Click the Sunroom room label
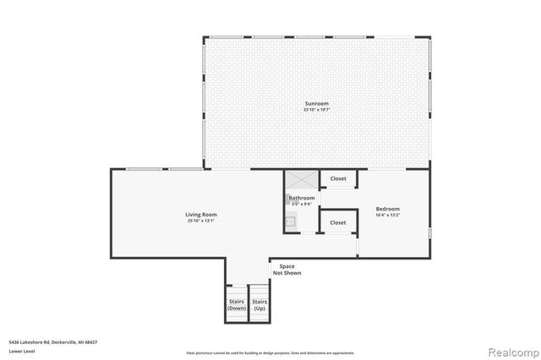click(x=316, y=103)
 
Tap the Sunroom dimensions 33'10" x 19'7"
click(x=316, y=110)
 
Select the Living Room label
click(x=201, y=214)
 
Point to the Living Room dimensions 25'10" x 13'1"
click(x=201, y=221)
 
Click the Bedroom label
click(x=388, y=209)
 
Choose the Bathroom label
click(x=302, y=198)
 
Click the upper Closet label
click(x=338, y=178)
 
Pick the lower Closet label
click(x=338, y=222)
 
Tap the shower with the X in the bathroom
click(x=301, y=181)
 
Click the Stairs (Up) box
click(x=260, y=305)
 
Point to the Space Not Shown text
click(x=287, y=270)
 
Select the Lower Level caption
click(x=22, y=350)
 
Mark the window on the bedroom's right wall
click(x=429, y=232)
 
